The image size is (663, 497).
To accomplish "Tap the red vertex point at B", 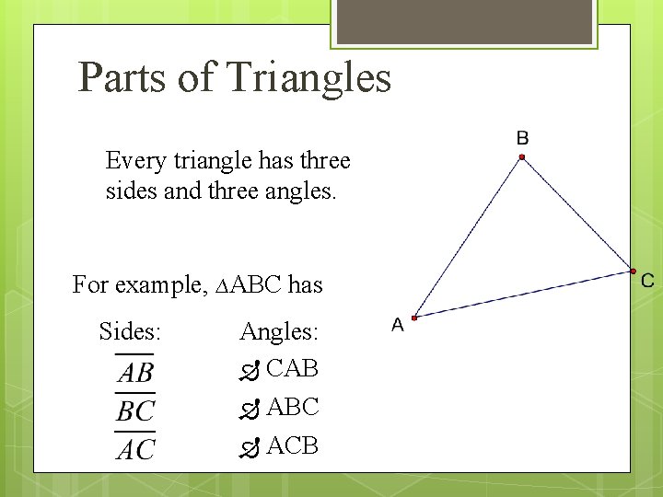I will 521,157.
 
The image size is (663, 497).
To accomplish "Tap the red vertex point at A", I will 414,318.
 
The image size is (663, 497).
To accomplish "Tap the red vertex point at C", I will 634,271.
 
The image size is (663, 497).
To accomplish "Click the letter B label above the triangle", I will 522,138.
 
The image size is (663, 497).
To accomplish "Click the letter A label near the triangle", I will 398,325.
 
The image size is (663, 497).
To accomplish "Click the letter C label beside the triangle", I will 647,281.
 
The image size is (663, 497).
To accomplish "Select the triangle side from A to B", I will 468,237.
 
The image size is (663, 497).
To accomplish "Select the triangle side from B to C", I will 577,214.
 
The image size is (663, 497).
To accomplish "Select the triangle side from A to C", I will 524,295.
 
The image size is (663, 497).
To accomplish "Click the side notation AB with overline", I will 134,371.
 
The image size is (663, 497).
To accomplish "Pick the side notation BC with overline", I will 134,410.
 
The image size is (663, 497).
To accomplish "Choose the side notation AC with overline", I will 134,448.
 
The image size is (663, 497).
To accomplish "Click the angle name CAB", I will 292,368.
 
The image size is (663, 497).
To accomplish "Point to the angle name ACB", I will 292,445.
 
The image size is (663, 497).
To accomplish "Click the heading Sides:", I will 130,331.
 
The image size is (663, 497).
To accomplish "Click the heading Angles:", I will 278,331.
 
